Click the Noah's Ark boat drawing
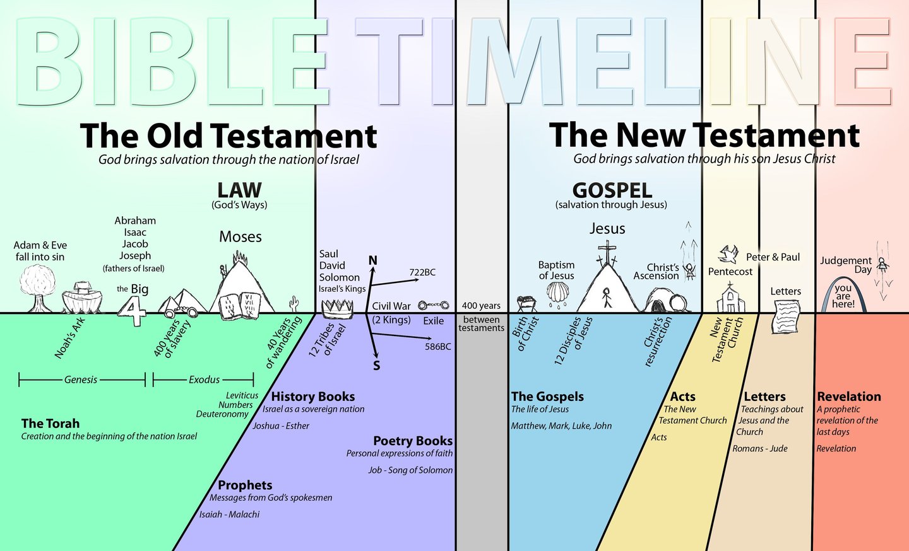82,298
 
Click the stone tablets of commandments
239,306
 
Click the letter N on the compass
372,260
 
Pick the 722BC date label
422,272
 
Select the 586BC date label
438,346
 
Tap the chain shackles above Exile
433,305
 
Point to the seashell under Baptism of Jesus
557,293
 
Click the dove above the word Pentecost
728,254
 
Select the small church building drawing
730,299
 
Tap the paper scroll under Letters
786,315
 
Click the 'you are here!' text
843,296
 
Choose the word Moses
241,236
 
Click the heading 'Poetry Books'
413,441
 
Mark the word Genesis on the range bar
81,380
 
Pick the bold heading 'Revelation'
849,397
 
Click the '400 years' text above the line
481,306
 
